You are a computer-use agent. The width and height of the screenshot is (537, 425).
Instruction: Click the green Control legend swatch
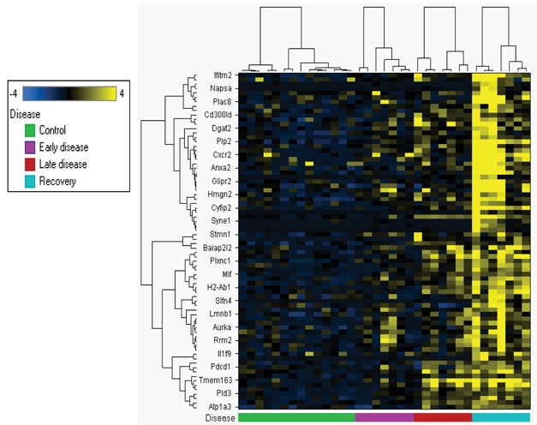30,129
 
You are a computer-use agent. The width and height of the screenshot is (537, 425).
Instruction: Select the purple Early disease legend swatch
30,147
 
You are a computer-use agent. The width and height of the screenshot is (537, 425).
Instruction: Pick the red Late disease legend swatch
30,164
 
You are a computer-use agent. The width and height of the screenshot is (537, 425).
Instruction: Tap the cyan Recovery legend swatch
30,181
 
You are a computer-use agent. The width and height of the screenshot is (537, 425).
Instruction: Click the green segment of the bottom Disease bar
296,417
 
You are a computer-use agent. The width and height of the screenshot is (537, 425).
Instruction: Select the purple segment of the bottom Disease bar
385,417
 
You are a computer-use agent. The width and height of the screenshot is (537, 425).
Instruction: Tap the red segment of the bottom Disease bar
443,417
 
